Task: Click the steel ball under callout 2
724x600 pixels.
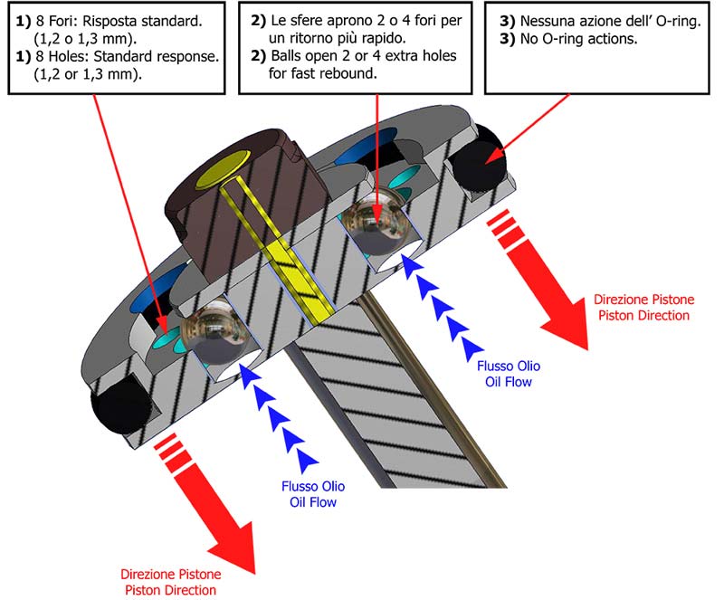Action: pos(376,224)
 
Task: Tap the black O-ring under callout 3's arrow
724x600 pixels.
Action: pos(478,157)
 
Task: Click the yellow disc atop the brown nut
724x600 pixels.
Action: pos(223,168)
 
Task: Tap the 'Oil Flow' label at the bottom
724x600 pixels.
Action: pos(313,502)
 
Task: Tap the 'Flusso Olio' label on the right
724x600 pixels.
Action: pos(509,366)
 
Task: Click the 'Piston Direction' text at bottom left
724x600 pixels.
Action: pos(170,590)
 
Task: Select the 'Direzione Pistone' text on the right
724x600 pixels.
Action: pos(643,300)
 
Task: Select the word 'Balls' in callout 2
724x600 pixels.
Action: pos(287,56)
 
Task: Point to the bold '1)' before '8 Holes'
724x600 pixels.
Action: pos(24,56)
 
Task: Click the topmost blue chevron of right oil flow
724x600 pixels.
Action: pos(414,268)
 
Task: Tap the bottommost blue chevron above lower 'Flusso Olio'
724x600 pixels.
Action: pos(306,461)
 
